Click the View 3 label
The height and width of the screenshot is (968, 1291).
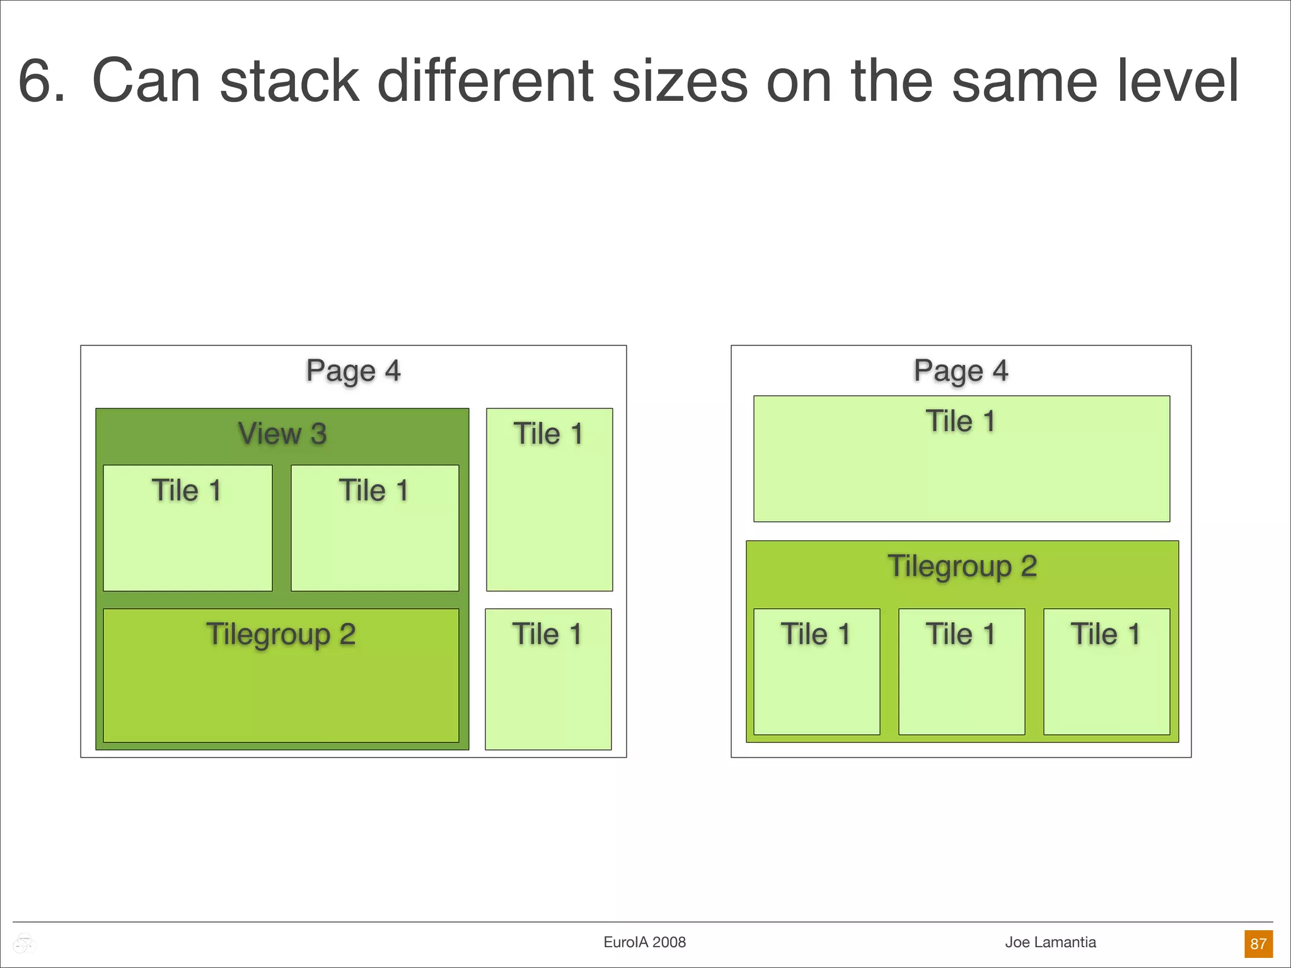click(282, 434)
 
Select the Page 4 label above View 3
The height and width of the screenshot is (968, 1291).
click(353, 371)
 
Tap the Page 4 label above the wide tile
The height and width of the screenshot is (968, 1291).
click(961, 371)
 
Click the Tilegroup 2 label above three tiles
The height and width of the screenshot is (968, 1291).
click(962, 566)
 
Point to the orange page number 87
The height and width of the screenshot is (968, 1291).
click(1258, 943)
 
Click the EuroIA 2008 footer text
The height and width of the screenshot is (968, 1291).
click(644, 942)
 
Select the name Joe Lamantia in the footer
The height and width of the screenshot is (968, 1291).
click(1050, 942)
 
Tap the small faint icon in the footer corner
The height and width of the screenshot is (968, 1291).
click(24, 943)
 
